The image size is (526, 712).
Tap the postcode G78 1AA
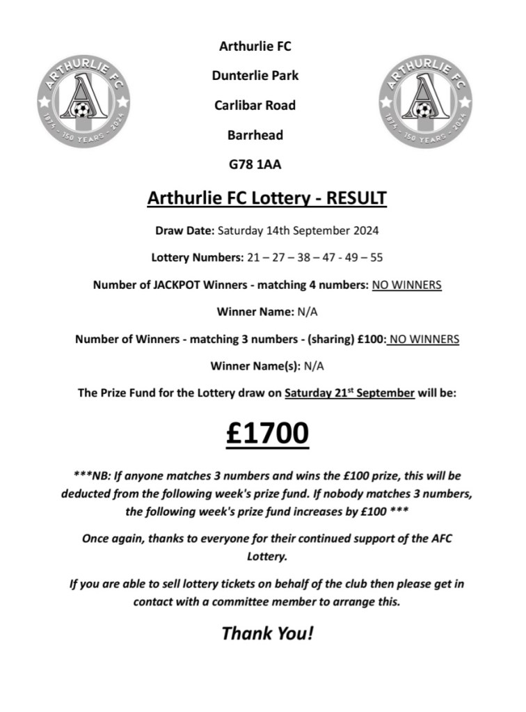(x=255, y=165)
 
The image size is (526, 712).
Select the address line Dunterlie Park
(x=255, y=76)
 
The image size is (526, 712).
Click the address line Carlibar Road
(x=255, y=106)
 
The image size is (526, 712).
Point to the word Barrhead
(x=255, y=135)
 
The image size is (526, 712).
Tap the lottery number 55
(x=376, y=258)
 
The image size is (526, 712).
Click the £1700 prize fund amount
(x=267, y=433)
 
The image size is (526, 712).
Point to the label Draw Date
(x=184, y=230)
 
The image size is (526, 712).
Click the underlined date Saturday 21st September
(x=350, y=393)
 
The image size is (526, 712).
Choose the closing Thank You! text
(x=267, y=633)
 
